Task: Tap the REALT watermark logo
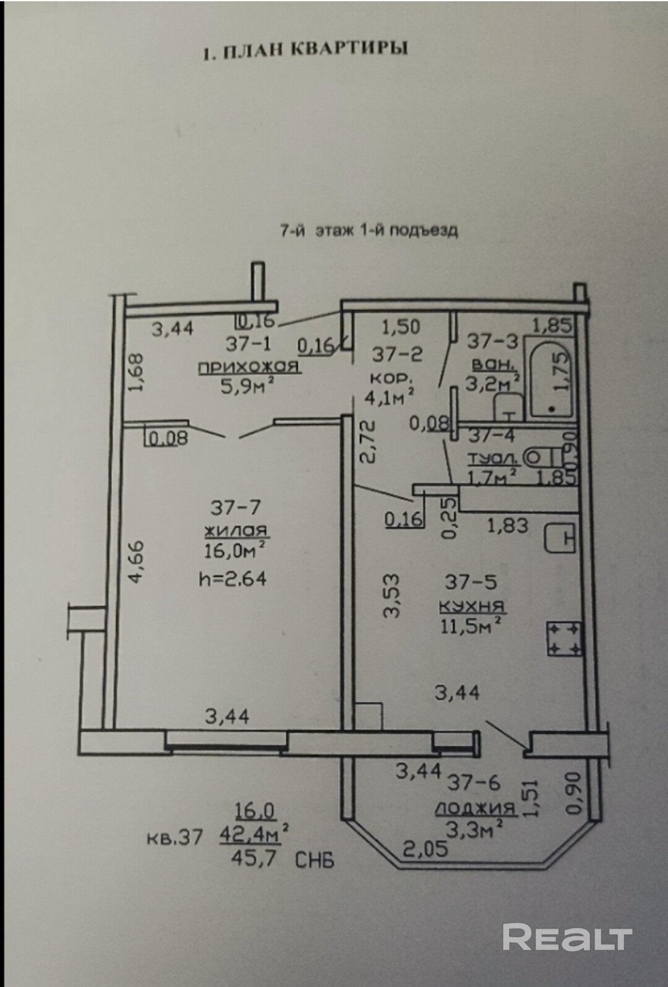pyautogui.click(x=567, y=938)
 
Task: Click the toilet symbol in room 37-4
pyautogui.click(x=542, y=458)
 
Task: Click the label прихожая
pyautogui.click(x=249, y=367)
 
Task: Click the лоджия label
pyautogui.click(x=475, y=808)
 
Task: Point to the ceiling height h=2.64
pyautogui.click(x=233, y=579)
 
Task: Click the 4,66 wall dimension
pyautogui.click(x=137, y=561)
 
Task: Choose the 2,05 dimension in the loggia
pyautogui.click(x=426, y=848)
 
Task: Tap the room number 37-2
pyautogui.click(x=396, y=354)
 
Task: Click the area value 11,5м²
pyautogui.click(x=470, y=626)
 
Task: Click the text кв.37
pyautogui.click(x=174, y=838)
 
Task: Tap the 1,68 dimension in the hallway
pyautogui.click(x=137, y=372)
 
